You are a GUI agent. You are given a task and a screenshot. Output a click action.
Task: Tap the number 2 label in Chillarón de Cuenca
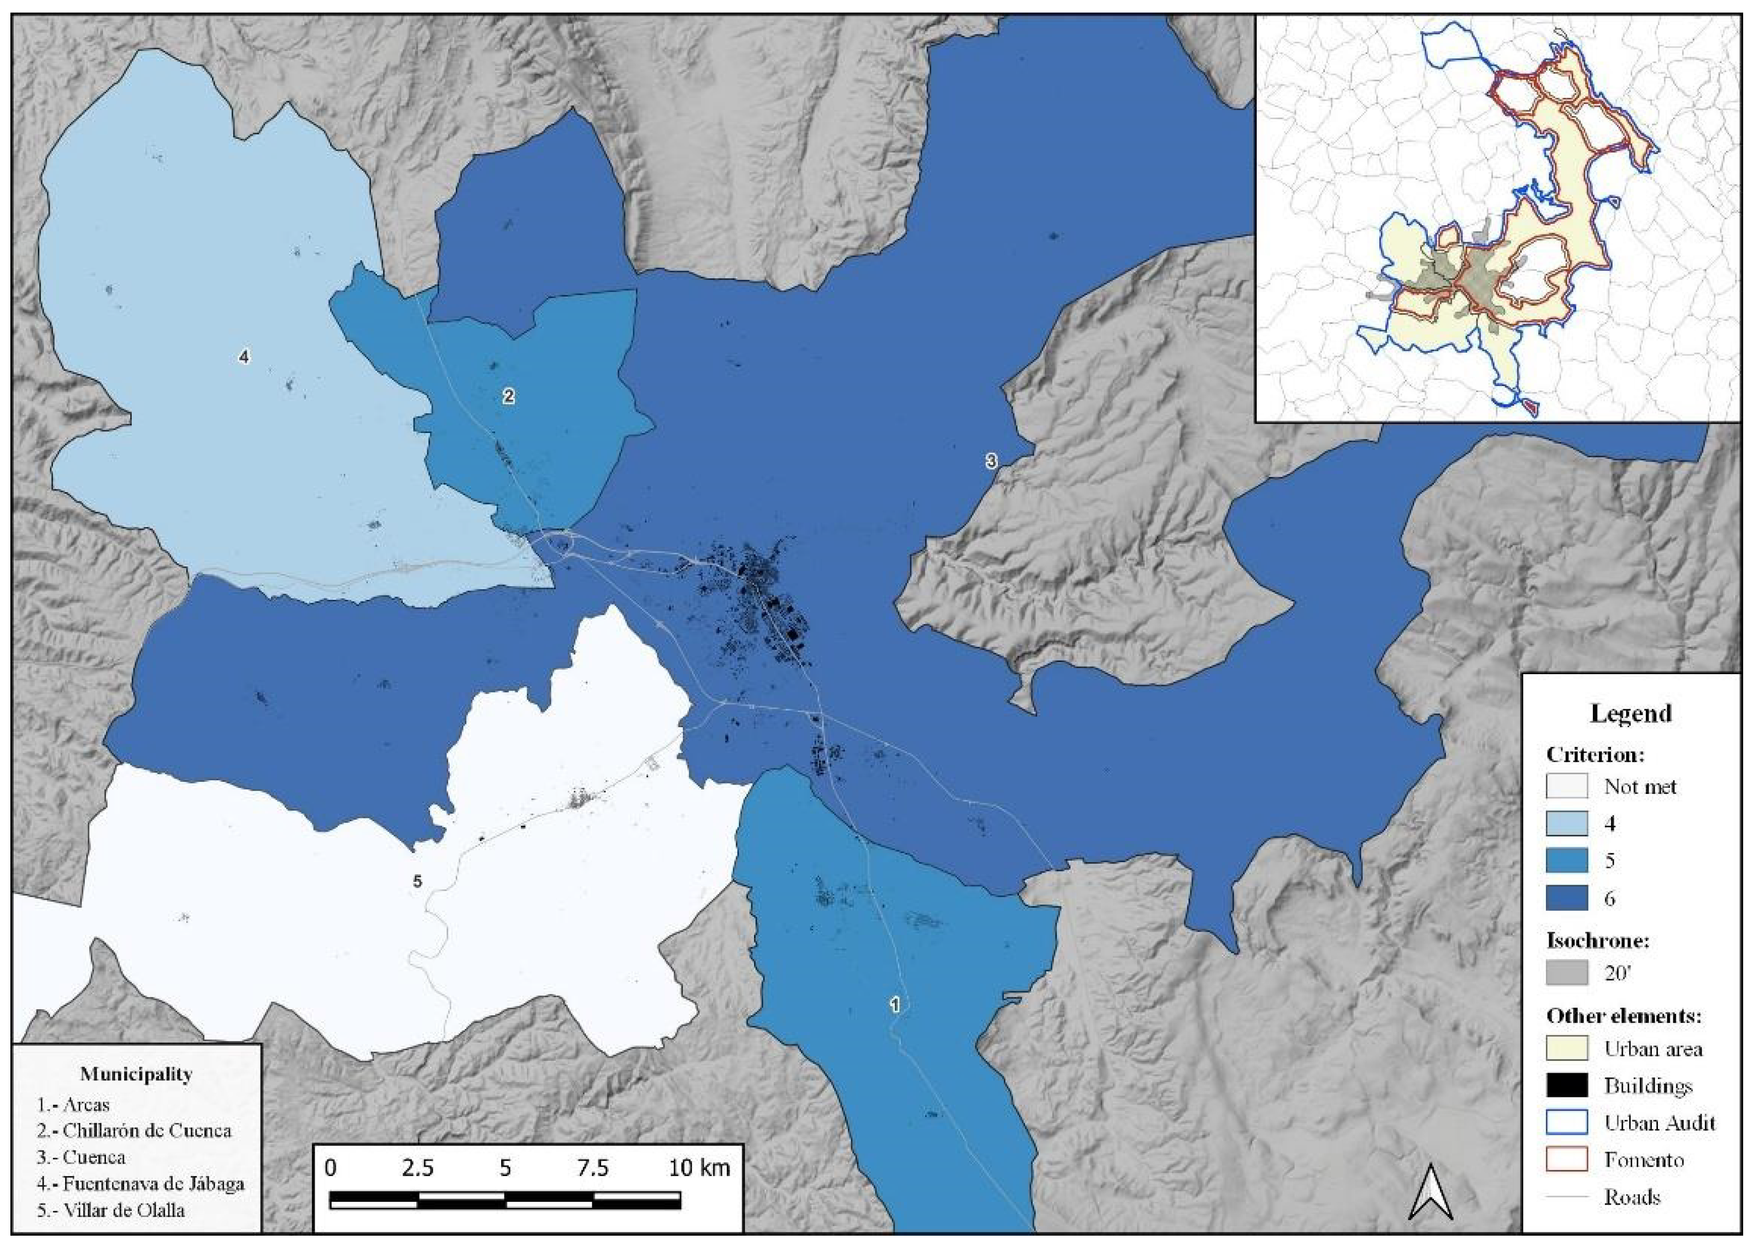click(x=508, y=396)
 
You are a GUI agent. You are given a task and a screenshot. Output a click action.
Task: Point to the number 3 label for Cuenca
click(x=991, y=461)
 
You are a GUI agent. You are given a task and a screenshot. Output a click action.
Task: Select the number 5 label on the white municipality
click(x=417, y=881)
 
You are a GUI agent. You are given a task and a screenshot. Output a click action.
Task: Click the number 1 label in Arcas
click(x=895, y=1005)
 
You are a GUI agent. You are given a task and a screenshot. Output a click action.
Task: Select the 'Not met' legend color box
click(x=1567, y=786)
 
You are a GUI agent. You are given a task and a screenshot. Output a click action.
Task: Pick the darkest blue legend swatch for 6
click(x=1567, y=899)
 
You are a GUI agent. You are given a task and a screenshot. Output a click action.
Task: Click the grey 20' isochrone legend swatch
click(x=1567, y=973)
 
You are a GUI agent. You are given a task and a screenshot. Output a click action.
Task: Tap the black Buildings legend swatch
click(x=1567, y=1085)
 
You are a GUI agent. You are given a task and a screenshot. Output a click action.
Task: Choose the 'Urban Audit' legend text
click(x=1659, y=1122)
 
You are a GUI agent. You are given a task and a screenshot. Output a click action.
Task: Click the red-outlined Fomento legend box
click(x=1567, y=1160)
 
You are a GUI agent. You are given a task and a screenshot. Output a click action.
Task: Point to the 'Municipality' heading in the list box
click(x=136, y=1074)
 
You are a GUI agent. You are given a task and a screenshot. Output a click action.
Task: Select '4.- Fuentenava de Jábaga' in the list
click(x=141, y=1184)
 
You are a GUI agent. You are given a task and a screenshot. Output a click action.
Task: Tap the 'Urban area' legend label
click(x=1653, y=1049)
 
